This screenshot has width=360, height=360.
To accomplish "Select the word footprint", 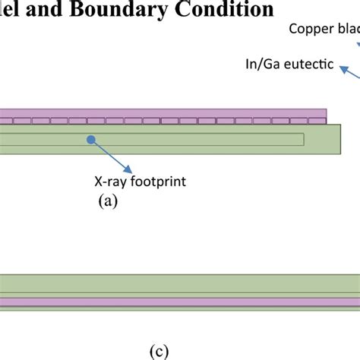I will (x=157, y=182).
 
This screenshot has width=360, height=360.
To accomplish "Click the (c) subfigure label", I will (x=158, y=352).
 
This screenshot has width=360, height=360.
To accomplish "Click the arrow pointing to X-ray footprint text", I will (x=114, y=156).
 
